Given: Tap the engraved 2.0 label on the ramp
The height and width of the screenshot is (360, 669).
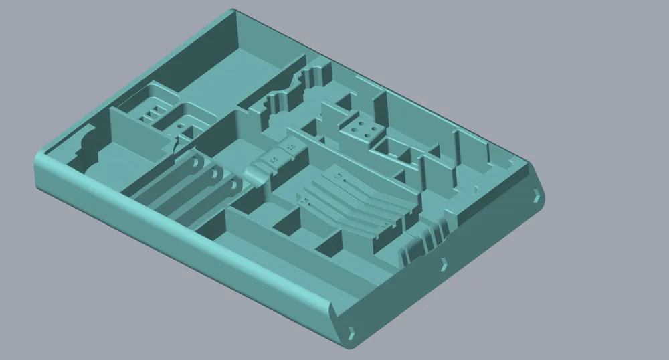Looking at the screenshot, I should (291, 146).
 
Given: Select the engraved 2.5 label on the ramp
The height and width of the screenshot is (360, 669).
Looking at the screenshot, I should (273, 161).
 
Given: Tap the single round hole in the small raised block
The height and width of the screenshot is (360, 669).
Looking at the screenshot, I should (182, 126).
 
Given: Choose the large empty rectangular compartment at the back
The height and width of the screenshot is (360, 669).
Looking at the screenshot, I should (221, 67).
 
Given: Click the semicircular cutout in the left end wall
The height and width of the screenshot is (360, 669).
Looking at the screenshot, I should (86, 142).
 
